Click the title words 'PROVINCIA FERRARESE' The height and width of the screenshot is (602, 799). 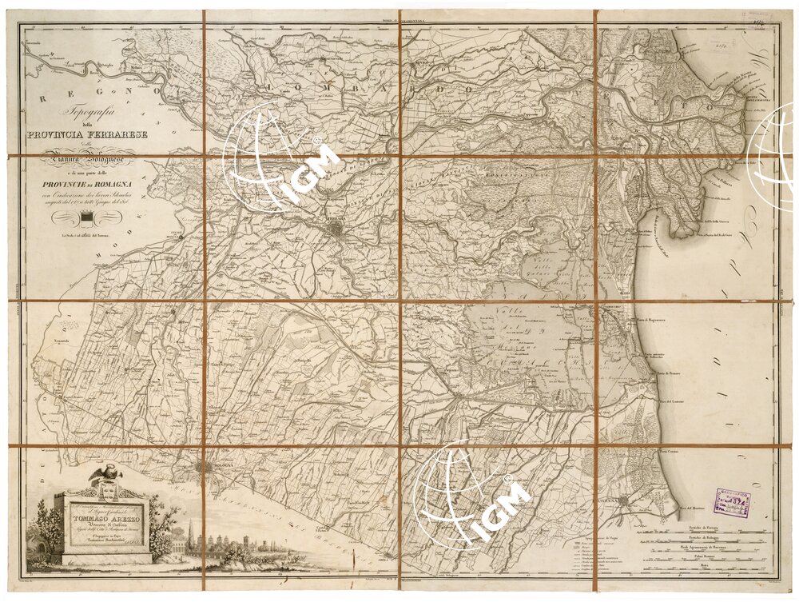tap(97, 134)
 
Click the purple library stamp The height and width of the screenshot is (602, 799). tap(732, 504)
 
